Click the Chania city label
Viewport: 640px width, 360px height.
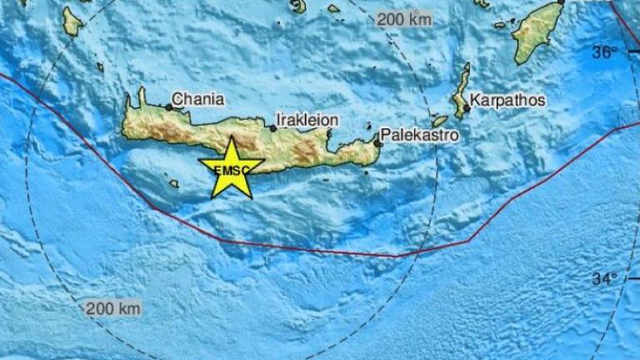(197, 99)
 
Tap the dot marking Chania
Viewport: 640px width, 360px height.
(168, 107)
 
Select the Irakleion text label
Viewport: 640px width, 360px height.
(309, 120)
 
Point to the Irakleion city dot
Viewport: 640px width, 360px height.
(273, 128)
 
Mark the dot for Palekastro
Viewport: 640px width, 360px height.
(377, 143)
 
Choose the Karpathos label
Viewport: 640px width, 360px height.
(508, 100)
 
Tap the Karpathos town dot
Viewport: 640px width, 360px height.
(467, 107)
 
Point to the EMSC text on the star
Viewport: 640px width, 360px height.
(230, 170)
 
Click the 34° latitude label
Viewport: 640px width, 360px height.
(605, 278)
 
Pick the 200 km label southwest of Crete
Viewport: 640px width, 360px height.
(113, 308)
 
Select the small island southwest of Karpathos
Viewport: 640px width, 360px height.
(439, 121)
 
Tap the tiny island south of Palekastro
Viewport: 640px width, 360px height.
(367, 173)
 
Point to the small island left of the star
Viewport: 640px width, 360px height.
(173, 183)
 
